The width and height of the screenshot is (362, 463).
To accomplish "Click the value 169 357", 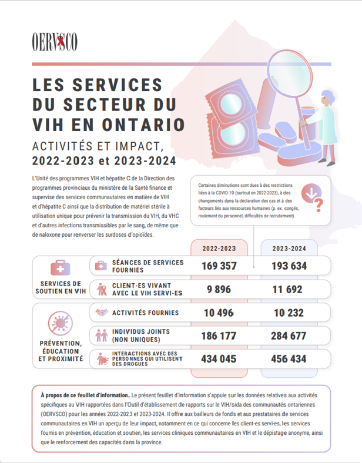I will (x=219, y=266).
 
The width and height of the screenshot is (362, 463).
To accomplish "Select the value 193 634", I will (x=289, y=266).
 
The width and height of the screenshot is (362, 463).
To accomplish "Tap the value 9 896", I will (x=219, y=289).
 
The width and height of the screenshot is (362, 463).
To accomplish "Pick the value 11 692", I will (x=289, y=289).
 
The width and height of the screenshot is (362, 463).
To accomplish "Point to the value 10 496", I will (x=219, y=313).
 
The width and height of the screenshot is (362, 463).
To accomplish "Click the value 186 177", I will (x=219, y=335).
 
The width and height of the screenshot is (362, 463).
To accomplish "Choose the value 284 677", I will (x=289, y=335).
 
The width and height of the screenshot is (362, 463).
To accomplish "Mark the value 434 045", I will (x=219, y=358).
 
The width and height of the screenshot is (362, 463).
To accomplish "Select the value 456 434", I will (x=289, y=358).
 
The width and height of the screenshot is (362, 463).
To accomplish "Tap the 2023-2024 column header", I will (x=289, y=248).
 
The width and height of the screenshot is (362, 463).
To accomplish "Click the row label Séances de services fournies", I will (x=148, y=266).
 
